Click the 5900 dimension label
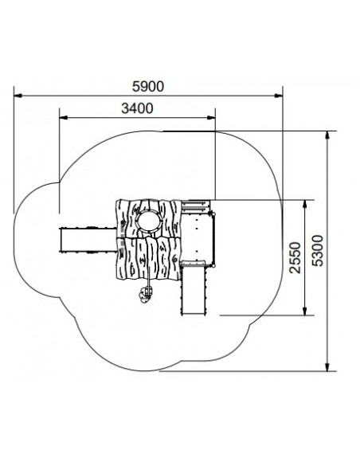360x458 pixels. pyautogui.click(x=148, y=87)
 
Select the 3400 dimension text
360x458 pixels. pyautogui.click(x=137, y=108)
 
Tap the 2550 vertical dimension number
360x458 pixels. pyautogui.click(x=295, y=257)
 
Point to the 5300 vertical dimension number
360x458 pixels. pyautogui.click(x=318, y=251)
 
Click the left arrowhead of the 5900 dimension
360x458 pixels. pyautogui.click(x=18, y=96)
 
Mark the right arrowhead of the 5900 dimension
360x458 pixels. pyautogui.click(x=279, y=96)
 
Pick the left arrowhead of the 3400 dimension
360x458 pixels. pyautogui.click(x=64, y=117)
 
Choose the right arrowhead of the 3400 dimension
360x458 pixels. pyautogui.click(x=211, y=117)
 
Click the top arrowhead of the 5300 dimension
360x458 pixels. pyautogui.click(x=327, y=135)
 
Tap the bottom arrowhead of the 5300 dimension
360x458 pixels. pyautogui.click(x=327, y=367)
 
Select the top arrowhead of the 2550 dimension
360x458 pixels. pyautogui.click(x=305, y=205)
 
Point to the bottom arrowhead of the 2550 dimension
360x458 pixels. pyautogui.click(x=305, y=311)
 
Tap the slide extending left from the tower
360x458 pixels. pyautogui.click(x=88, y=240)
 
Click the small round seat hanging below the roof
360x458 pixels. pyautogui.click(x=146, y=294)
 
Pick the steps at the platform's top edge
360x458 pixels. pyautogui.click(x=196, y=206)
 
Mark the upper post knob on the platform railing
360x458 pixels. pyautogui.click(x=213, y=215)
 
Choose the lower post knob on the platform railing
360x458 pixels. pyautogui.click(x=213, y=266)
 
